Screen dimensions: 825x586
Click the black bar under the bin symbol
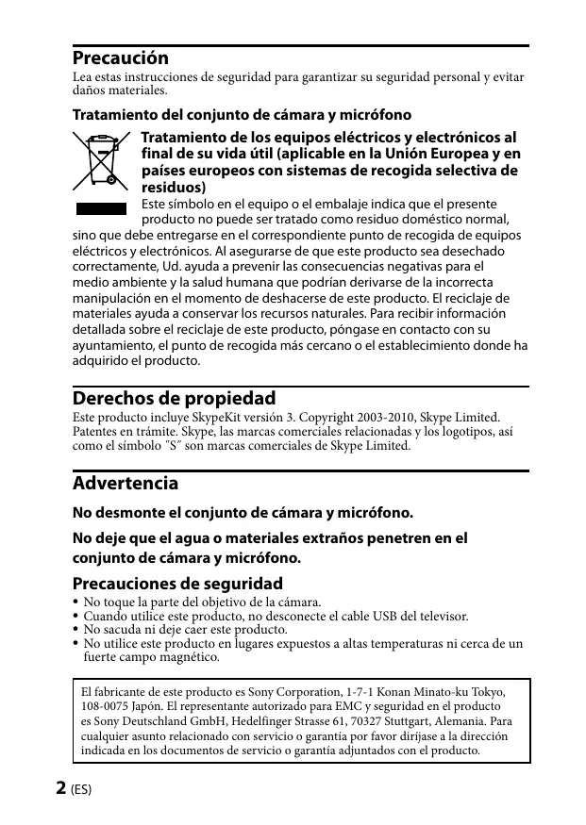click(x=100, y=207)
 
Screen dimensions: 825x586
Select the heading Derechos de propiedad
click(x=174, y=399)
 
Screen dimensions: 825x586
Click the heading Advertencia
click(x=126, y=484)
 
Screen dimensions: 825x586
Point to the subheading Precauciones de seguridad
click(x=177, y=584)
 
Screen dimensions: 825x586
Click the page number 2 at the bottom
click(x=61, y=787)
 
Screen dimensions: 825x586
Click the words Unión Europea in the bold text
click(x=436, y=154)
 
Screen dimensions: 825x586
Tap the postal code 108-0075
click(x=105, y=706)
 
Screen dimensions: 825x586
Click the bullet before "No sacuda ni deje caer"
click(x=75, y=629)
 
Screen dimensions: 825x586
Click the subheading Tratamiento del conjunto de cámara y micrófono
click(x=242, y=116)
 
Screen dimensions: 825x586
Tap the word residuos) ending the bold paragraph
click(x=173, y=188)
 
